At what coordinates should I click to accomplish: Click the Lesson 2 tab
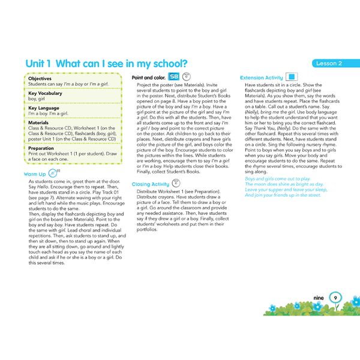[331, 64]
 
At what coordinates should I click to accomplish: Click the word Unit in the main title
[37, 64]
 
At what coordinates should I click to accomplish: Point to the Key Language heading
[44, 108]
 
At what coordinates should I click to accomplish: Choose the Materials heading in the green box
[39, 123]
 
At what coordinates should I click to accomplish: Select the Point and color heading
[148, 77]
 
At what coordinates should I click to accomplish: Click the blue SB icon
[173, 77]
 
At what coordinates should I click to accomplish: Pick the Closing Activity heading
[150, 184]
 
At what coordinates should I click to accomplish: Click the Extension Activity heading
[261, 78]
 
